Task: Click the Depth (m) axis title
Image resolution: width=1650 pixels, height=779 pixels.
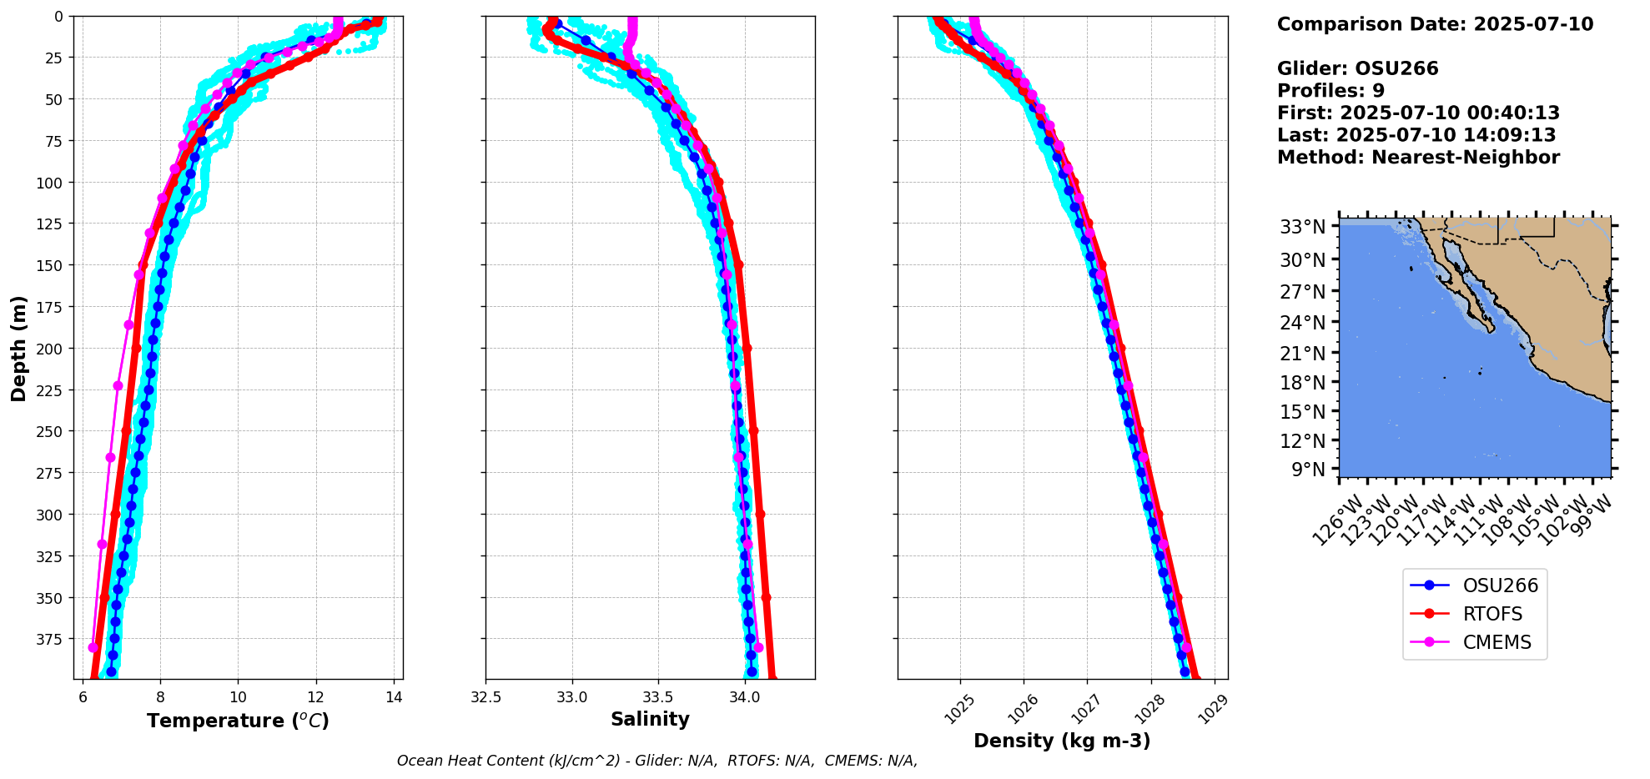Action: point(19,348)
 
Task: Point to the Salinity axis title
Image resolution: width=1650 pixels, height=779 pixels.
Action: point(650,720)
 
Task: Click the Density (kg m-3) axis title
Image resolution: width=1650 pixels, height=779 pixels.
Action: point(1062,741)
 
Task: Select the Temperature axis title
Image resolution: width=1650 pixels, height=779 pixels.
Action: point(238,721)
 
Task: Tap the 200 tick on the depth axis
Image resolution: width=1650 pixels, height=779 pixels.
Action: point(52,349)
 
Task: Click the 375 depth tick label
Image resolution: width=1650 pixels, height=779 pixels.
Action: point(52,640)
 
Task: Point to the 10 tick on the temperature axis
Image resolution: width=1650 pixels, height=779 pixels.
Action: point(238,696)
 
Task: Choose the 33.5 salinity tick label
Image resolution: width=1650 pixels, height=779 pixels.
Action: point(658,696)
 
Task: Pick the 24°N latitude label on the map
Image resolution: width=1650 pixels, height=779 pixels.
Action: point(1303,323)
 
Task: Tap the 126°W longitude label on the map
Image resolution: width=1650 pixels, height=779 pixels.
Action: point(1337,520)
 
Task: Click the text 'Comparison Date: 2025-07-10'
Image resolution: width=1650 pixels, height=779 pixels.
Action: point(1435,24)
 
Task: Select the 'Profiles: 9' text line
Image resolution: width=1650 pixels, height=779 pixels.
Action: point(1331,91)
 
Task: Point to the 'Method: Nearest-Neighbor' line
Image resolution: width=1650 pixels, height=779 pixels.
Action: point(1418,158)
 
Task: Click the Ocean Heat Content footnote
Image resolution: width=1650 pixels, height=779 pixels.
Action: point(657,761)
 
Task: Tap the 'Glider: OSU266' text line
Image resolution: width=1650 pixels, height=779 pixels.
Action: point(1357,68)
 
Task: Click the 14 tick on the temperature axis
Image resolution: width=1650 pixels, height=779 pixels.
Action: point(395,696)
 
